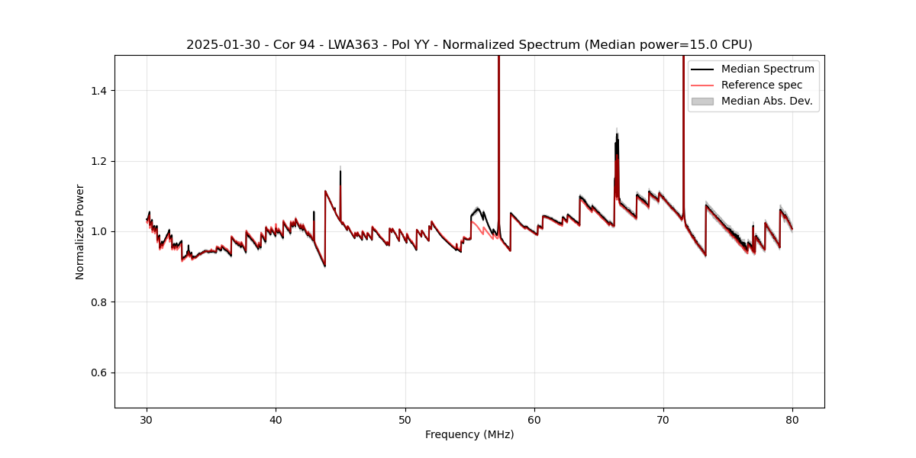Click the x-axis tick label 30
tap(147, 420)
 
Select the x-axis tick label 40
tap(276, 420)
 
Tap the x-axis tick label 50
tap(405, 420)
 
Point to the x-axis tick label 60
tap(534, 420)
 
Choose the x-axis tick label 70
tap(663, 420)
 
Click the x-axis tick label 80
tap(792, 420)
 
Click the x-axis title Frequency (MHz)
tap(469, 434)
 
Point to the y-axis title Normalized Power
tap(80, 231)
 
